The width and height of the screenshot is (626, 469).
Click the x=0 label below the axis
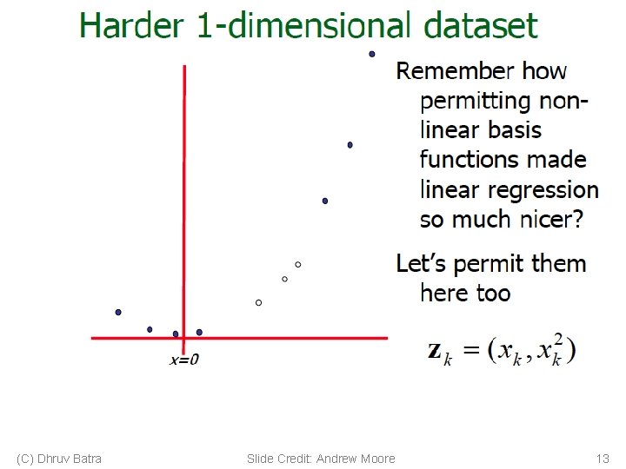(183, 360)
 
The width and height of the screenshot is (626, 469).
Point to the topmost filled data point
(372, 54)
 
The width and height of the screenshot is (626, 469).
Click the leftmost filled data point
(118, 312)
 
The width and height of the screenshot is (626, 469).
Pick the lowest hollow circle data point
(258, 302)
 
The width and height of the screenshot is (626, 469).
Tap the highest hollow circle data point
(297, 264)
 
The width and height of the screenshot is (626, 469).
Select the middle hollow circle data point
(284, 279)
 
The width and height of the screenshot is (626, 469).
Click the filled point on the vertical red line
(176, 334)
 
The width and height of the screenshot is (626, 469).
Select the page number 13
(602, 459)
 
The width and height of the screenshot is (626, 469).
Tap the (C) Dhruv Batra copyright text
(59, 459)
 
